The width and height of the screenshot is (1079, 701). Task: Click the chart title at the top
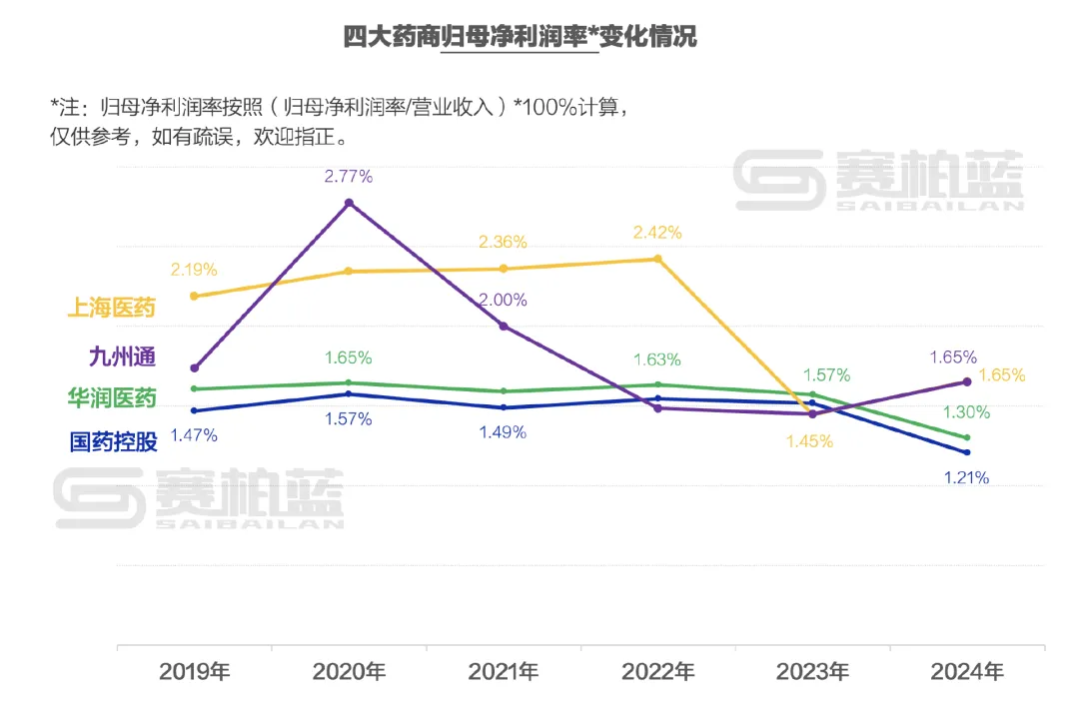520,38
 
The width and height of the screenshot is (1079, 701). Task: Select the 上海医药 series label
112,308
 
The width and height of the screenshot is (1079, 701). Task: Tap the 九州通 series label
122,355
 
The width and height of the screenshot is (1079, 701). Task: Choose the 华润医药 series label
112,398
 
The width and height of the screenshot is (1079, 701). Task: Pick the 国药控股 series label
112,441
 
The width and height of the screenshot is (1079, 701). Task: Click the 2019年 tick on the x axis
194,671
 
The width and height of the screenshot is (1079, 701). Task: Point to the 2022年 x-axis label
657,671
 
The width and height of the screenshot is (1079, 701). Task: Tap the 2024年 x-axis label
966,671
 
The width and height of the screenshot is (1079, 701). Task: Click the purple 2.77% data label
348,177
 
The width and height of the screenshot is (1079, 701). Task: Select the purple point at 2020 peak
349,203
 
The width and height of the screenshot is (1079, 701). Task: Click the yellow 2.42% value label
657,233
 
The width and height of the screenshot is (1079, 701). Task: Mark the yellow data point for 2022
657,259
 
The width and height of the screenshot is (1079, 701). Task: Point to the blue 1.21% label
966,478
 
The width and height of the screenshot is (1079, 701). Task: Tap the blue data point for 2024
966,452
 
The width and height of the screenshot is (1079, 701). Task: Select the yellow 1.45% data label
809,441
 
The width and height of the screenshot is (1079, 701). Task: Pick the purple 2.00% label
503,300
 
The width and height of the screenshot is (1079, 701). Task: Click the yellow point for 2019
194,296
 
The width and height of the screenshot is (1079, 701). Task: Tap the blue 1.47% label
194,435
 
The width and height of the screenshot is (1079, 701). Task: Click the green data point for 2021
503,390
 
